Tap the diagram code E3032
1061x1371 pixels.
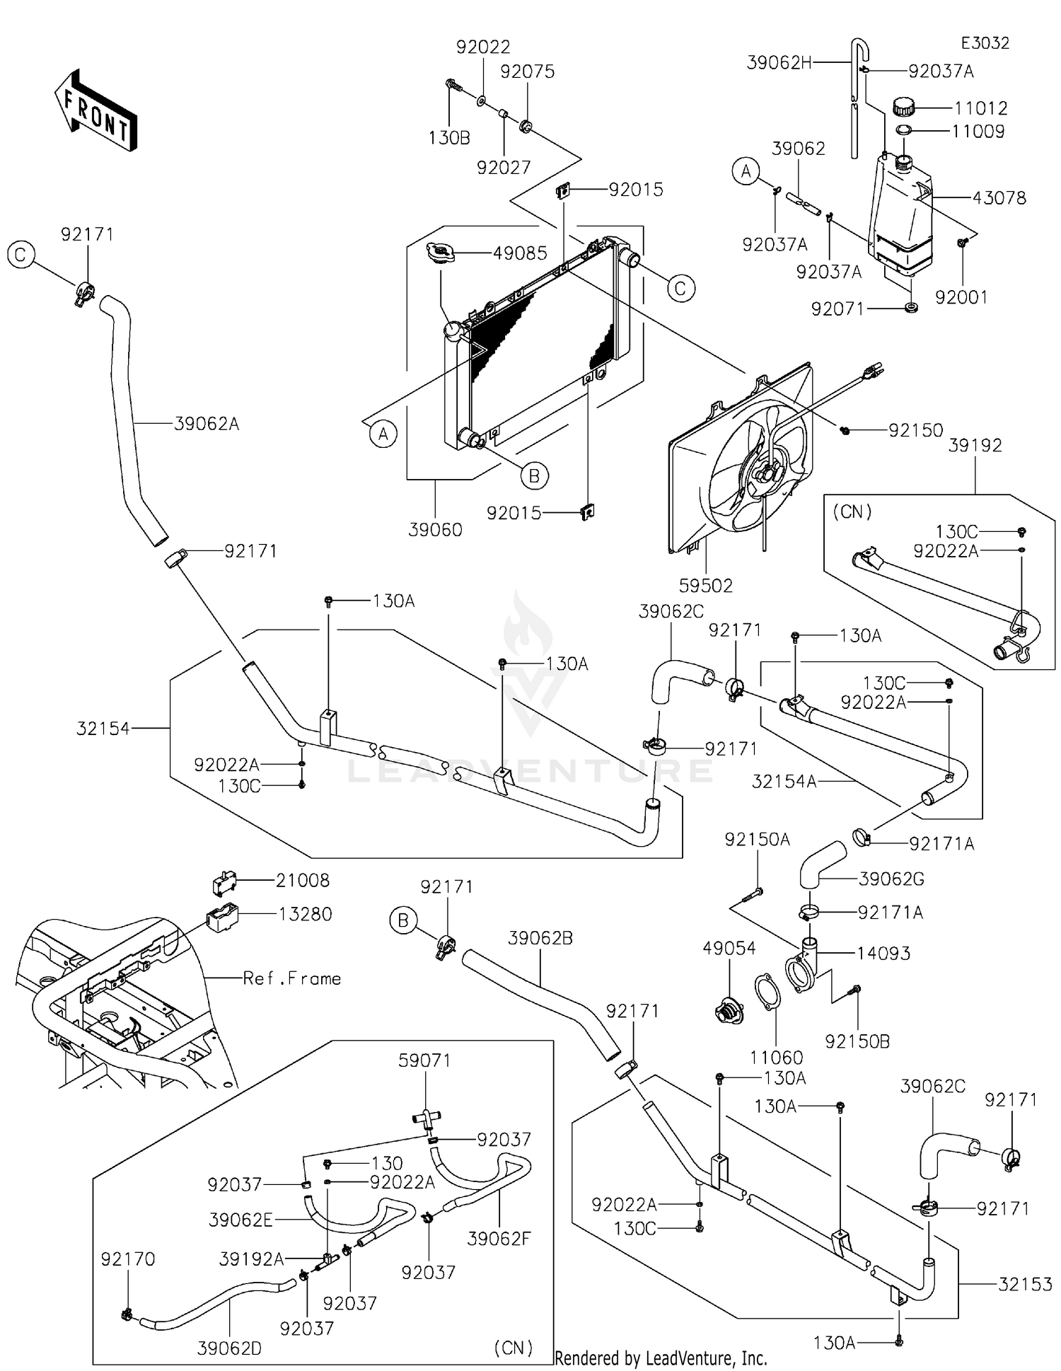point(985,43)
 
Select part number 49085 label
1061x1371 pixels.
point(520,253)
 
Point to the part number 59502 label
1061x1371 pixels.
point(705,586)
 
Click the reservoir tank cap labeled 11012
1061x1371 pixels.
point(903,108)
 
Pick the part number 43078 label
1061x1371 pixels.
point(999,198)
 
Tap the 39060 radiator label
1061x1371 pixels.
point(435,530)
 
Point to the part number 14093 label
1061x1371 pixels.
point(883,953)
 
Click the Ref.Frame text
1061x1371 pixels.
point(291,978)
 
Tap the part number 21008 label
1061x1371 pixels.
point(303,880)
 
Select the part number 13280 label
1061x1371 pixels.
point(305,914)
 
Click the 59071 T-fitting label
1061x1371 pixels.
point(424,1060)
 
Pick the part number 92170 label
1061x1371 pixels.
point(127,1259)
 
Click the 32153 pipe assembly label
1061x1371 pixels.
point(1025,1284)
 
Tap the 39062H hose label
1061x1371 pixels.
point(779,62)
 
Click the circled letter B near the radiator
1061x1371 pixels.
point(534,476)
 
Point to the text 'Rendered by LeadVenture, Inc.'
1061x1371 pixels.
point(661,1358)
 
